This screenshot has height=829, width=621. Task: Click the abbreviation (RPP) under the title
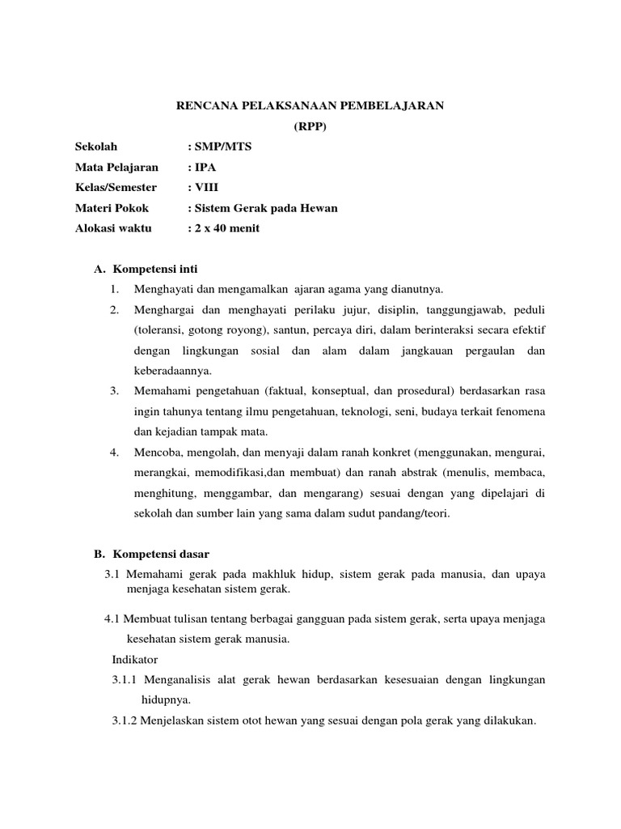[x=310, y=126]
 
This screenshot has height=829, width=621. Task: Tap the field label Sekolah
[x=96, y=147]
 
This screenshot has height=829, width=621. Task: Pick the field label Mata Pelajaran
[x=116, y=167]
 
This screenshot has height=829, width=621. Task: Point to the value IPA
[x=205, y=167]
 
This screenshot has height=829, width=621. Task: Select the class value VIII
[x=208, y=188]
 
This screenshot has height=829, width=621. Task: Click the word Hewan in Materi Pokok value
[x=320, y=208]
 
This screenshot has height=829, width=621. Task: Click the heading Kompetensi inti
[x=156, y=268]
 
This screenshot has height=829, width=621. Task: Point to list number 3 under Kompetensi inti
[x=115, y=391]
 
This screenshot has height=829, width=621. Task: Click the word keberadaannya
[x=172, y=371]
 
